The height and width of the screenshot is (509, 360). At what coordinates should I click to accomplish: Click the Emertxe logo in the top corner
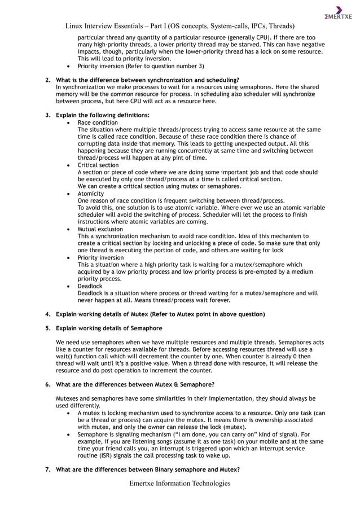click(x=338, y=12)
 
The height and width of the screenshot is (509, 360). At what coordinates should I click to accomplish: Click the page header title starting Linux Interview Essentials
click(x=180, y=26)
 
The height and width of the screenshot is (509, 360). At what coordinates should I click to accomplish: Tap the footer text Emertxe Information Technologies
click(x=180, y=483)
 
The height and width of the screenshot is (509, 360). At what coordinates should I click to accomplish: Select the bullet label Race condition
click(x=98, y=122)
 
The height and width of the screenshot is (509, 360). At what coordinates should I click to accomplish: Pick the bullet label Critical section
click(x=98, y=165)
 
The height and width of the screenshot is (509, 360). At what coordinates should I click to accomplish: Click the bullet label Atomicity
click(x=91, y=194)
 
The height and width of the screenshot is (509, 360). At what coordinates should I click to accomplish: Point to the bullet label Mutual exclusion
click(x=100, y=229)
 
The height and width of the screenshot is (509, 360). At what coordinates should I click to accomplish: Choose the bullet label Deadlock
click(x=90, y=286)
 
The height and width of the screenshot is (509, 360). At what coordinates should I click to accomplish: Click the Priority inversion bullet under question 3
click(x=100, y=257)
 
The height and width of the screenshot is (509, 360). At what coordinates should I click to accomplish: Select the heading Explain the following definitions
click(x=103, y=115)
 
